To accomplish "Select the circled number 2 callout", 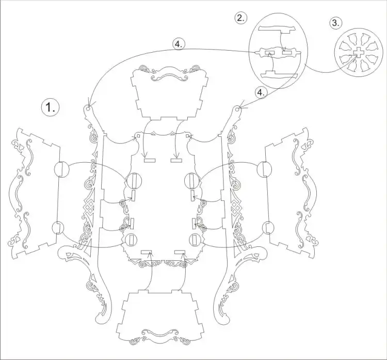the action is click(x=240, y=18).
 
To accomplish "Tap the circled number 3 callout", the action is click(x=335, y=23).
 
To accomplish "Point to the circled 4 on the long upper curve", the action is click(x=179, y=44).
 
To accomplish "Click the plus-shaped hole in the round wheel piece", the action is click(x=357, y=52).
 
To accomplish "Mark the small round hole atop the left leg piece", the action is click(x=88, y=108).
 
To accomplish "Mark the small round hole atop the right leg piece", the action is click(x=237, y=108).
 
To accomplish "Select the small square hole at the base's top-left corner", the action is click(x=138, y=136).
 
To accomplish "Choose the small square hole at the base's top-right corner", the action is click(x=188, y=136).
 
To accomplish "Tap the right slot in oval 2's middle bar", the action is click(x=287, y=52).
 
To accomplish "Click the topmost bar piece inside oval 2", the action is click(x=276, y=28).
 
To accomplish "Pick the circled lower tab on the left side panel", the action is click(x=58, y=228).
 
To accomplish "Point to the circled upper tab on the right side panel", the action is click(x=264, y=169).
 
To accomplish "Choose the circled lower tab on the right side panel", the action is click(x=267, y=228).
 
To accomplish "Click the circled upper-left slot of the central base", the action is click(x=134, y=181).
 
